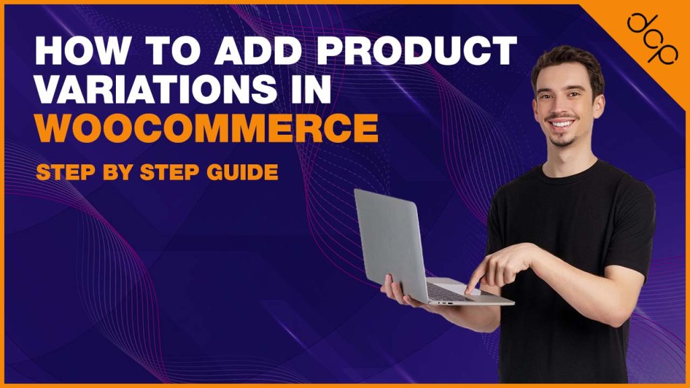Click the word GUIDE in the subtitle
pyautogui.click(x=244, y=172)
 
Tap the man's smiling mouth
pyautogui.click(x=563, y=125)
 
